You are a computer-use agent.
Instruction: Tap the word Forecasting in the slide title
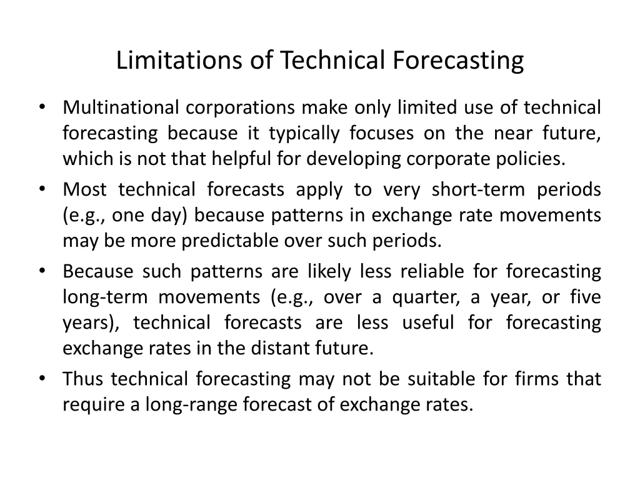(x=458, y=61)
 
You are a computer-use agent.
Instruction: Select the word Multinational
(x=116, y=107)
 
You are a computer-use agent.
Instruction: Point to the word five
(x=586, y=297)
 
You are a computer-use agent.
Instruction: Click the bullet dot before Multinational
(x=42, y=107)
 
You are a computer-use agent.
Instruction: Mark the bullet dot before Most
(x=42, y=189)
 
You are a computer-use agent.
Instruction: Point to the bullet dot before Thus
(x=42, y=378)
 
